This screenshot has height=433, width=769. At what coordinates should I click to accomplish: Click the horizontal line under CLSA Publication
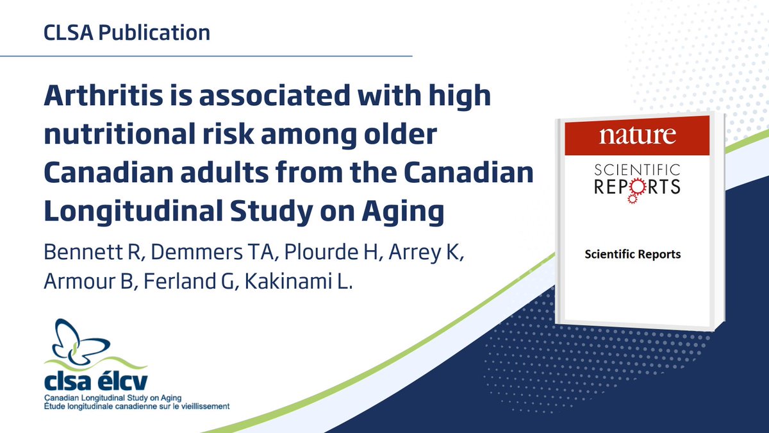[205, 56]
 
